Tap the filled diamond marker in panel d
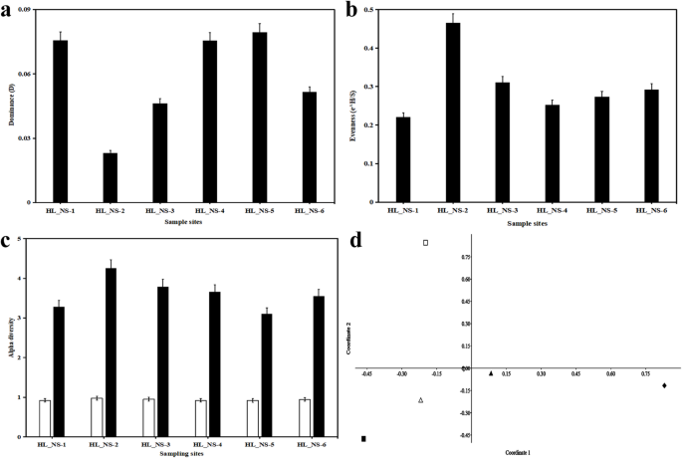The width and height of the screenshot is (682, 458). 664,385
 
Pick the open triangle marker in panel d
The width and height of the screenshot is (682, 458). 421,400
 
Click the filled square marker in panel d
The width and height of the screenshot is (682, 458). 364,438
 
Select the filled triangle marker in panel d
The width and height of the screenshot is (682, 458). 491,373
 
